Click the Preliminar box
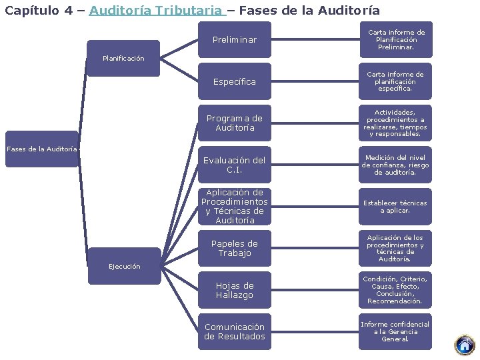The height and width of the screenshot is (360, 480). pyautogui.click(x=234, y=40)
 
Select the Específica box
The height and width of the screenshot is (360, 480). pyautogui.click(x=234, y=81)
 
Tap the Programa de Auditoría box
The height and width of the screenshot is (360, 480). pyautogui.click(x=234, y=123)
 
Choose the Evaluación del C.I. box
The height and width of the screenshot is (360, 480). pyautogui.click(x=234, y=165)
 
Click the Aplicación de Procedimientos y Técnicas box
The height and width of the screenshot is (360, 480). pyautogui.click(x=234, y=206)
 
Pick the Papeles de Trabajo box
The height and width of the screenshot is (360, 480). pyautogui.click(x=234, y=248)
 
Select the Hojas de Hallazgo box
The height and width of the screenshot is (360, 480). pyautogui.click(x=234, y=290)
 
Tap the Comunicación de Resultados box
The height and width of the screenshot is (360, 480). pyautogui.click(x=234, y=331)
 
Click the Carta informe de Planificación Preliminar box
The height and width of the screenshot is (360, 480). pyautogui.click(x=395, y=40)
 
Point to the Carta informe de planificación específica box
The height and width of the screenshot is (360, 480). pyautogui.click(x=395, y=81)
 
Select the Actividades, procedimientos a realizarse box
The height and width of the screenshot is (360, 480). pyautogui.click(x=395, y=123)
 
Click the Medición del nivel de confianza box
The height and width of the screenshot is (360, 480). pyautogui.click(x=395, y=165)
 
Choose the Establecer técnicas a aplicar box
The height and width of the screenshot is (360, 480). pyautogui.click(x=395, y=206)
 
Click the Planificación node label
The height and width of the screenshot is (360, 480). pyautogui.click(x=123, y=59)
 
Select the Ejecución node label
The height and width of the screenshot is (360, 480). pyautogui.click(x=124, y=266)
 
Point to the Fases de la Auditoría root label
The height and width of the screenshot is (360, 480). pyautogui.click(x=41, y=149)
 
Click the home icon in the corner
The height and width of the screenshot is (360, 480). pyautogui.click(x=464, y=345)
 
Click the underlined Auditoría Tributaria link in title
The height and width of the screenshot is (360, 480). pyautogui.click(x=156, y=11)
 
